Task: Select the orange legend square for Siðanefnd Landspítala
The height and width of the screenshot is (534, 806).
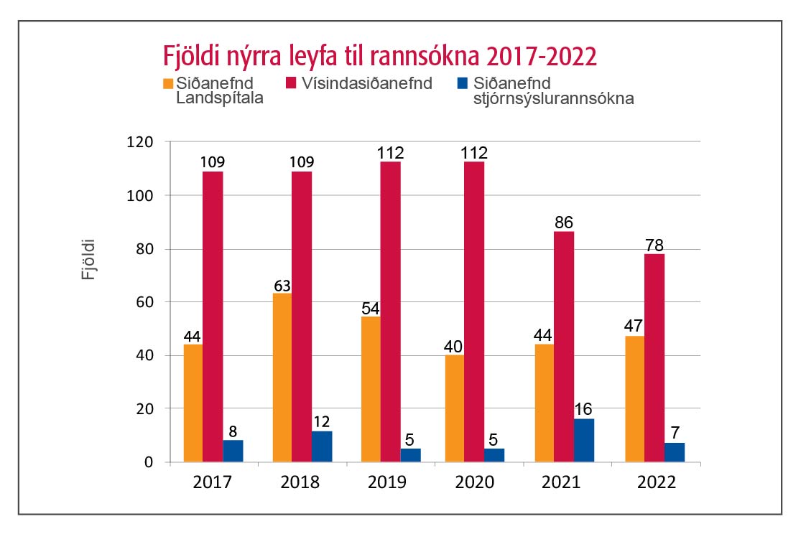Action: coord(169,83)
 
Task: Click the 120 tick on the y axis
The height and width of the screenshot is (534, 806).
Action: coord(140,142)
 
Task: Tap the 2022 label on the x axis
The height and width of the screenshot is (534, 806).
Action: coord(655,482)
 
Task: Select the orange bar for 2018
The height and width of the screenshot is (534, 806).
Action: coord(282,377)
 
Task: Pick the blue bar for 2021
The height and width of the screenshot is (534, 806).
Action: coord(584,440)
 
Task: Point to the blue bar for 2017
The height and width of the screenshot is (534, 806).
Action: coord(233,451)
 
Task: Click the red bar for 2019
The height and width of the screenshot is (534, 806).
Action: coord(390,311)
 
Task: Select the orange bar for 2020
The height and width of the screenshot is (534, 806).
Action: coord(455,408)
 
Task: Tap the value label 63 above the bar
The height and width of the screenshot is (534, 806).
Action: coord(282,285)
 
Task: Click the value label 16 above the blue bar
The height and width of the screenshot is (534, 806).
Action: coord(584,410)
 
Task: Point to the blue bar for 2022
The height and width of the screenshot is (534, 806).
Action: coord(675,452)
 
